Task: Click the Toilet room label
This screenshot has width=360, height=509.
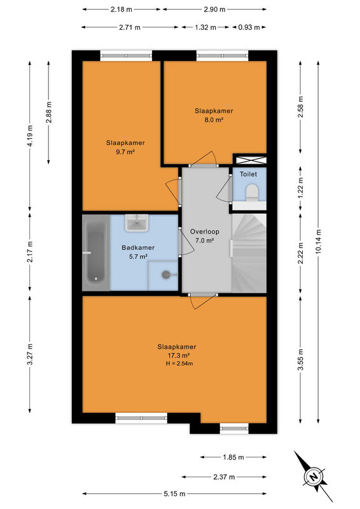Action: pyautogui.click(x=248, y=174)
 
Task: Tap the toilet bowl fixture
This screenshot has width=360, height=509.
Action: pyautogui.click(x=252, y=192)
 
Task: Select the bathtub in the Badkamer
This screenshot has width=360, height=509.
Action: pyautogui.click(x=96, y=253)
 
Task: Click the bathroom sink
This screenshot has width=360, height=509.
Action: pyautogui.click(x=137, y=223)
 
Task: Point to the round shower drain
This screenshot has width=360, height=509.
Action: pyautogui.click(x=165, y=275)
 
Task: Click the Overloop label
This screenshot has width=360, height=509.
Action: pyautogui.click(x=205, y=232)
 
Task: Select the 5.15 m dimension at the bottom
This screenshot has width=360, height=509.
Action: pyautogui.click(x=175, y=494)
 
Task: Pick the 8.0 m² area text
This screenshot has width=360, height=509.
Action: pyautogui.click(x=214, y=120)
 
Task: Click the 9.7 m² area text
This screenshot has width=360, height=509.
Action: pyautogui.click(x=125, y=151)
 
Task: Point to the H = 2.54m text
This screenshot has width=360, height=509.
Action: pyautogui.click(x=179, y=363)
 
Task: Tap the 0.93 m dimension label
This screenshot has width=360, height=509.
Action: pyautogui.click(x=249, y=27)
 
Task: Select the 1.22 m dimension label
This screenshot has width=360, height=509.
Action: pyautogui.click(x=301, y=188)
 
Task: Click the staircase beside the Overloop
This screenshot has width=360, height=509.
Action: pyautogui.click(x=249, y=253)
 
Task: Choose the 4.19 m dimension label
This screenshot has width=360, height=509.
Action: pyautogui.click(x=30, y=136)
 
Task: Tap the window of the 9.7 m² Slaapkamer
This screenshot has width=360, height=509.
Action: pyautogui.click(x=126, y=56)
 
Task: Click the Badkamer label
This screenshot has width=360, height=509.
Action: pyautogui.click(x=138, y=248)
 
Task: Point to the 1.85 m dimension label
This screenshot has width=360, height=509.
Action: pyautogui.click(x=233, y=457)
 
